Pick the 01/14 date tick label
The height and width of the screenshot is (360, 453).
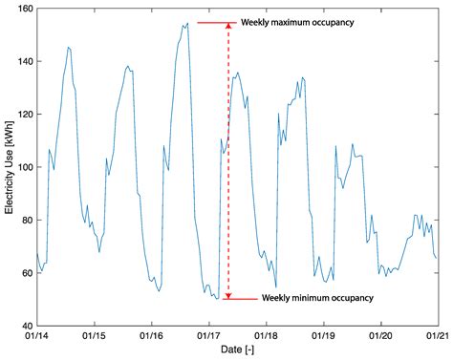(x=37, y=337)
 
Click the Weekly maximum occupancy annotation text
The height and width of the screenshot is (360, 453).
(x=299, y=22)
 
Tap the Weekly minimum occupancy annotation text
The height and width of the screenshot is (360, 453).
(x=317, y=298)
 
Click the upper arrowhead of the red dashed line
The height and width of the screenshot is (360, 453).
(x=227, y=28)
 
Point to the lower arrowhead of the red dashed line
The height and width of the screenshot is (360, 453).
(x=227, y=294)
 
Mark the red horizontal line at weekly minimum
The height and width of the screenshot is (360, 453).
(x=239, y=299)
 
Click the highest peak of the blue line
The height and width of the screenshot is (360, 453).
(x=187, y=25)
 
